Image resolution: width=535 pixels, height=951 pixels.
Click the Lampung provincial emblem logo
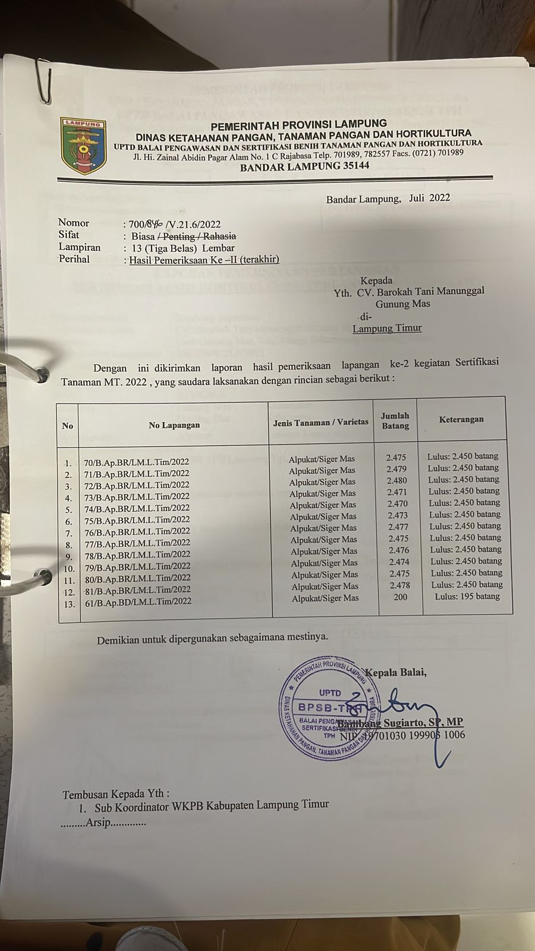[83, 146]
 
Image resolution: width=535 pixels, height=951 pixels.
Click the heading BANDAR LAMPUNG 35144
[304, 166]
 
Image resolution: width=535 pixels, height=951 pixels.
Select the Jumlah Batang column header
[395, 421]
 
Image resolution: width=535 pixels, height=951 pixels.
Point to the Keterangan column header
[461, 420]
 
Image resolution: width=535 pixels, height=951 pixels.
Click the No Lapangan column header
[174, 425]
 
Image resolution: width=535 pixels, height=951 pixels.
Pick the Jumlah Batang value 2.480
[397, 480]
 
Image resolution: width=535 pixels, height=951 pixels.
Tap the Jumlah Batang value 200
[401, 596]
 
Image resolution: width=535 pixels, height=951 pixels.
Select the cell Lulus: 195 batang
[467, 596]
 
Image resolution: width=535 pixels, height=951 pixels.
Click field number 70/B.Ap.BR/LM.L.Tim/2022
[137, 462]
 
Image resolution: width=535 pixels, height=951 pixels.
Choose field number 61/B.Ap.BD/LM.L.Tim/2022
[138, 602]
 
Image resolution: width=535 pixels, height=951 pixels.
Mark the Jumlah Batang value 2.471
[397, 492]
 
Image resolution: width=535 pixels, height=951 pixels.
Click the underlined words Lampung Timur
[387, 328]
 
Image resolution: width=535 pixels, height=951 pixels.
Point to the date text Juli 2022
[429, 198]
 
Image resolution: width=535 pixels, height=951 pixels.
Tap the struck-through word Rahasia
[219, 236]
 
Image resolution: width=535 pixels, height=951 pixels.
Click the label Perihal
[74, 259]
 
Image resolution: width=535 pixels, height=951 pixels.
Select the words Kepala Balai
[396, 673]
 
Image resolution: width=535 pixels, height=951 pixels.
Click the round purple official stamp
[330, 708]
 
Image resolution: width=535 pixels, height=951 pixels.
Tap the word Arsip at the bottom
[98, 823]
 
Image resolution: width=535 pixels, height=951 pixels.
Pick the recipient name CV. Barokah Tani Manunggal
[420, 291]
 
